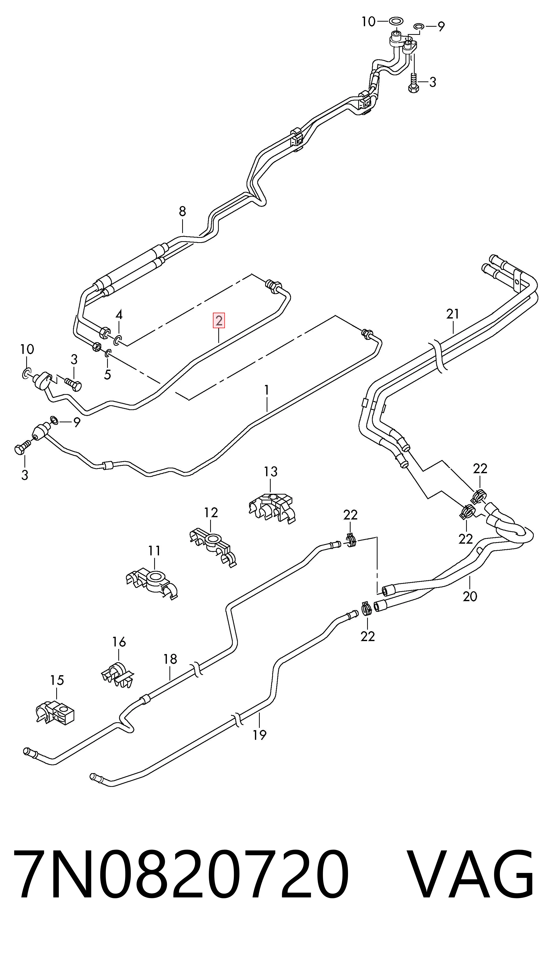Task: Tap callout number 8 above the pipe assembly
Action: click(182, 211)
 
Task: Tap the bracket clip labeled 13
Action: click(272, 507)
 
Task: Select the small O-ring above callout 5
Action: click(108, 353)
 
